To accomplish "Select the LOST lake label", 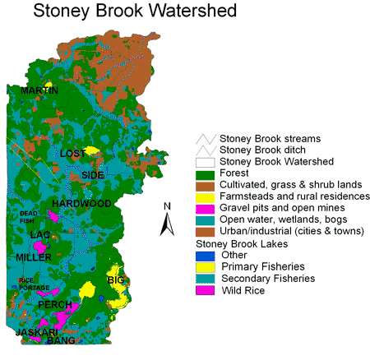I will click(73, 154).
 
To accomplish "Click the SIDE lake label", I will click(93, 175).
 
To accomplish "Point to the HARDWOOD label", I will click(81, 203).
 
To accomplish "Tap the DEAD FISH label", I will click(29, 216).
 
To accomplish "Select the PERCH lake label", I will click(53, 305).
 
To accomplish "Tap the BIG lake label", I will click(114, 281).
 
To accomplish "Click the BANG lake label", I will click(62, 340).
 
